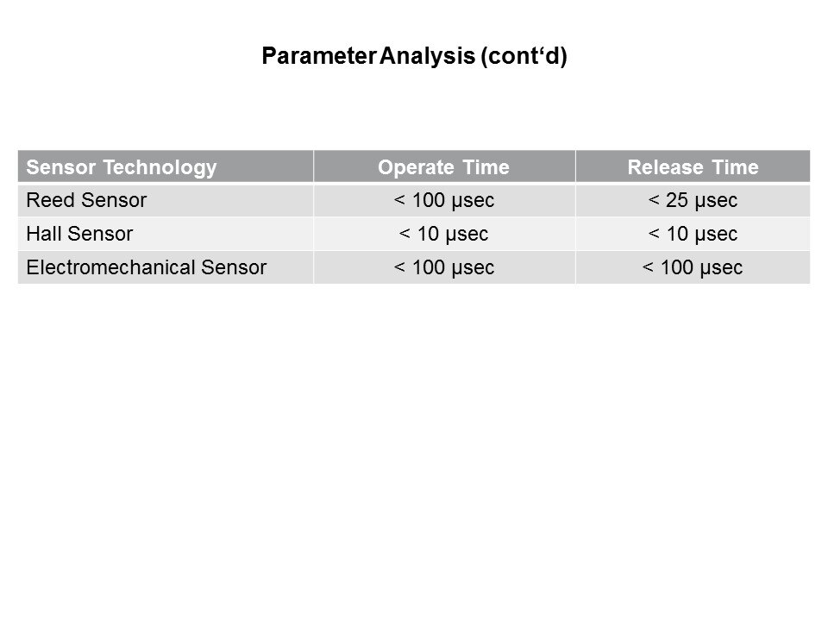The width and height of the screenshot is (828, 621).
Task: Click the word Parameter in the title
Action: point(319,56)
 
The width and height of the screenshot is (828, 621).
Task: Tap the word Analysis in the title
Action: point(427,56)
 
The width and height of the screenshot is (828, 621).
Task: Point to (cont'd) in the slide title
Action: point(524,56)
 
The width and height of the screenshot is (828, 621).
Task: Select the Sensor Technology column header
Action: point(122,167)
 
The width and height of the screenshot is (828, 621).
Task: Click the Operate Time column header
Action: point(443,167)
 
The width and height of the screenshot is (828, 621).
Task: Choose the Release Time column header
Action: point(693,167)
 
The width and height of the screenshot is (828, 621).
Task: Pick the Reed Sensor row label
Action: point(86,200)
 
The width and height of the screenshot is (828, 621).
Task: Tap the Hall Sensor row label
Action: point(79,234)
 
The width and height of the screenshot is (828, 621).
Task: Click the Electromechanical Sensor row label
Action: point(147,267)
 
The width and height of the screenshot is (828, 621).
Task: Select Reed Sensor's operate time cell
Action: point(444,201)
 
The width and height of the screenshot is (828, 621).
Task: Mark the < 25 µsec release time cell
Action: point(693,201)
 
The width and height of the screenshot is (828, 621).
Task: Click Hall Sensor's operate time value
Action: point(443,234)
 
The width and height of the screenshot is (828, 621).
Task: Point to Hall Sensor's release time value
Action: point(693,234)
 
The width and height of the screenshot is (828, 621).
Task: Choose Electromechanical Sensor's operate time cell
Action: point(444,267)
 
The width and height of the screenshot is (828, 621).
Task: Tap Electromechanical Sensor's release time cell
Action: point(693,267)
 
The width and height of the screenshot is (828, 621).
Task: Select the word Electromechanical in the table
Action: point(110,267)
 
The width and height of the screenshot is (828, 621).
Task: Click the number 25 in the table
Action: point(677,200)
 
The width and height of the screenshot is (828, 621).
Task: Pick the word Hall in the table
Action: point(44,234)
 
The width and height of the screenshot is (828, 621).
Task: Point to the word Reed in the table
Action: point(51,200)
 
